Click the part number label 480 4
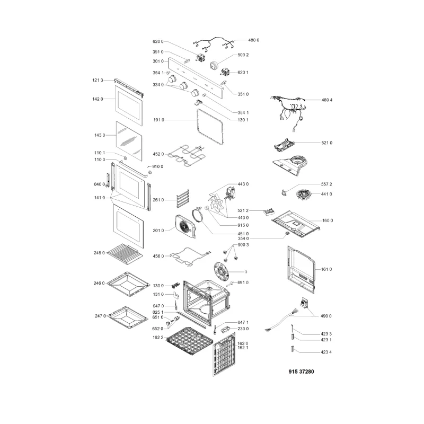pos(326,100)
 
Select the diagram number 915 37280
pos(301,372)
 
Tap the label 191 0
pos(158,120)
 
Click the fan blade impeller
pos(216,202)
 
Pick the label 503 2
pos(243,55)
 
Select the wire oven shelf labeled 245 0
pos(125,254)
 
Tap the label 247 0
pos(100,316)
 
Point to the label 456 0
pos(158,256)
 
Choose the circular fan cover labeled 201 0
pos(185,226)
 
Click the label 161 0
pos(326,269)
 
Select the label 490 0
pos(326,316)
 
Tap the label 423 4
pos(326,352)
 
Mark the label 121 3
pos(98,81)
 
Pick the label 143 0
pos(100,135)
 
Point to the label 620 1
pos(243,73)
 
